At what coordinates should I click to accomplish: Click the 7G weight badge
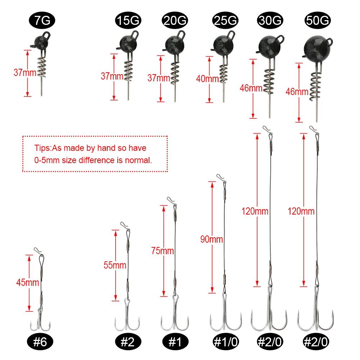(x=42, y=20)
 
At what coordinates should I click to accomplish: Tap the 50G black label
(x=318, y=20)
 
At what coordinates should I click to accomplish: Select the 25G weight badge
(x=225, y=20)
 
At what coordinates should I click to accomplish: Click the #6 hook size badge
(x=40, y=342)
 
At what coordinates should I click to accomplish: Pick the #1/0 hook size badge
(x=225, y=342)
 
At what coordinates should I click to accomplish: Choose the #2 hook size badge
(x=128, y=342)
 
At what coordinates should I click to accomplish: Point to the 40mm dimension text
(x=207, y=79)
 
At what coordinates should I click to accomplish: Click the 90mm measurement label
(x=211, y=239)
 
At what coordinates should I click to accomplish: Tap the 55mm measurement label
(x=115, y=265)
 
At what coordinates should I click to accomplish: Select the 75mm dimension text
(x=162, y=251)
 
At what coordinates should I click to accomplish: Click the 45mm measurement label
(x=28, y=282)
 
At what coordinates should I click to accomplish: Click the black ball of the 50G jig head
(x=317, y=49)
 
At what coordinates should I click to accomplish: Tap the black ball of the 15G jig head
(x=128, y=44)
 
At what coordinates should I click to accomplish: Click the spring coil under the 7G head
(x=42, y=68)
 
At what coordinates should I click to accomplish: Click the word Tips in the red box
(x=42, y=148)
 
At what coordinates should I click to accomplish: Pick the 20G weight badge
(x=175, y=20)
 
